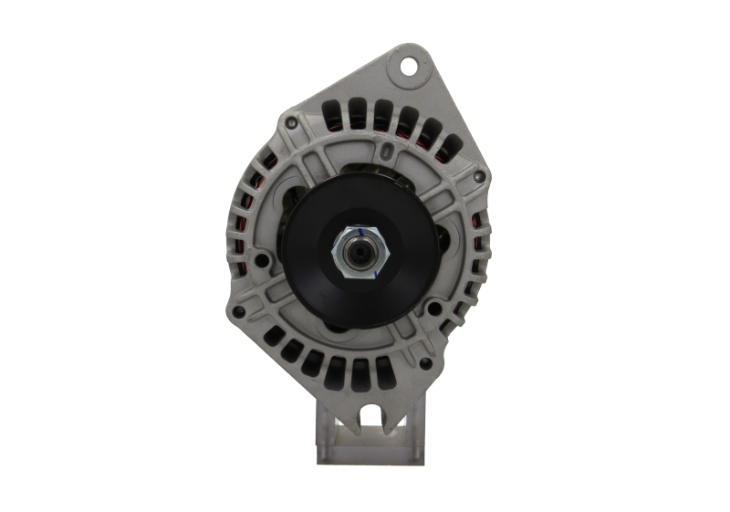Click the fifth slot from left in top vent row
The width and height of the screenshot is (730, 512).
[x=427, y=128]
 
